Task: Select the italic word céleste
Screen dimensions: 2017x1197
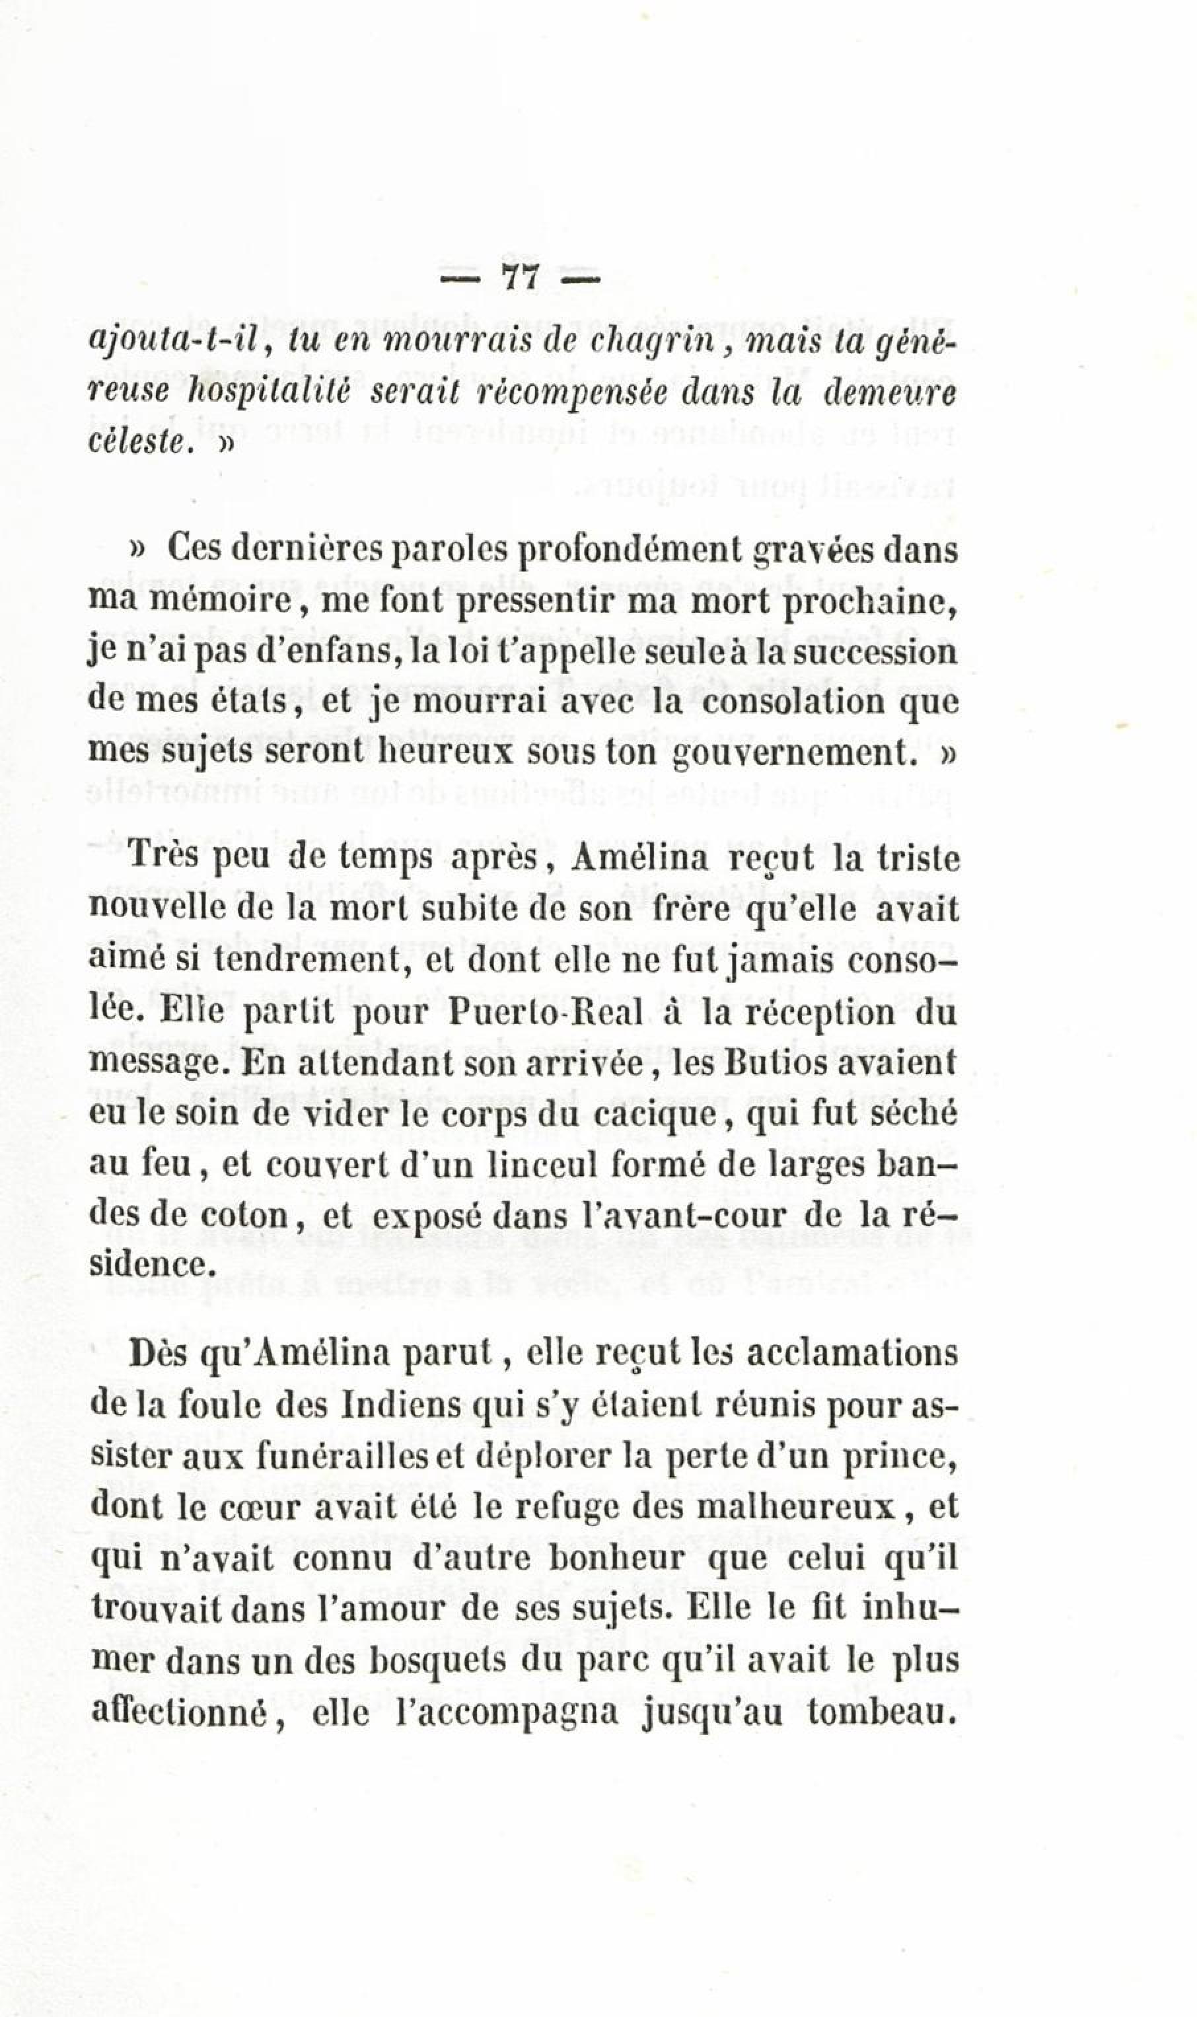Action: (139, 443)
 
